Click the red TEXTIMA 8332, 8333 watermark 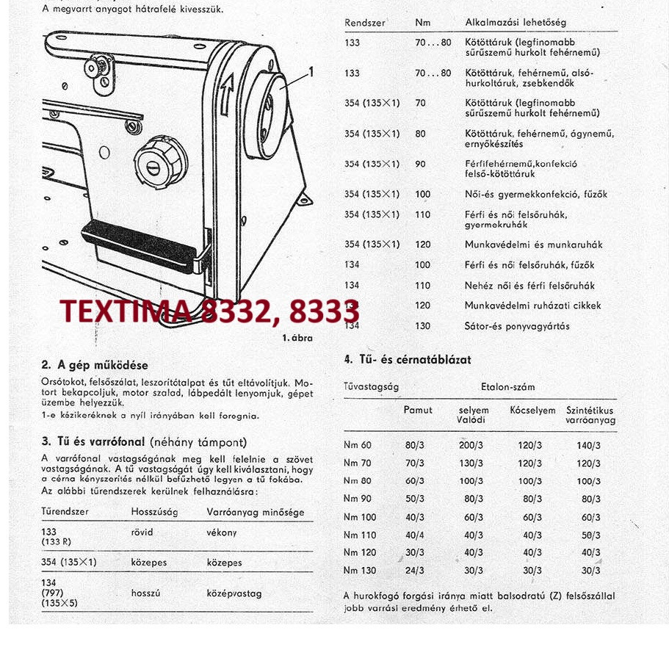pyautogui.click(x=209, y=311)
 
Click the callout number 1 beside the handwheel pyautogui.click(x=311, y=72)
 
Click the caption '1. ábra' pyautogui.click(x=297, y=338)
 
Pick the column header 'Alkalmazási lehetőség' pyautogui.click(x=516, y=23)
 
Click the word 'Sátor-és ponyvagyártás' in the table pyautogui.click(x=517, y=326)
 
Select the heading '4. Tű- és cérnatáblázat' pyautogui.click(x=408, y=360)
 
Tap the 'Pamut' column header pyautogui.click(x=418, y=411)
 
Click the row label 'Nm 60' pyautogui.click(x=358, y=445)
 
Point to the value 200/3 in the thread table pyautogui.click(x=471, y=445)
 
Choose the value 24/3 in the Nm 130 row pyautogui.click(x=414, y=570)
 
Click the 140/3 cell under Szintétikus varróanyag pyautogui.click(x=588, y=445)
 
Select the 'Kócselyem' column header pyautogui.click(x=532, y=411)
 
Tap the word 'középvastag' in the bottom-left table pyautogui.click(x=234, y=593)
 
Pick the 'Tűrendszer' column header pyautogui.click(x=65, y=511)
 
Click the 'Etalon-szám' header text pyautogui.click(x=507, y=386)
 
